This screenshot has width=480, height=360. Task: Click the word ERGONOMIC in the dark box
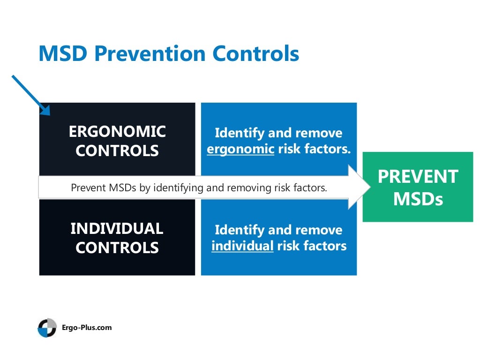coord(117,132)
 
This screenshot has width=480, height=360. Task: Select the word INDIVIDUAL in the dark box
coord(117,229)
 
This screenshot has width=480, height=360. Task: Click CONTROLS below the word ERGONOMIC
coord(117,151)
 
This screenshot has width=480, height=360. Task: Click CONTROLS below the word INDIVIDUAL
coord(117,248)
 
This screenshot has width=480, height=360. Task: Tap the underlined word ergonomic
coord(240,150)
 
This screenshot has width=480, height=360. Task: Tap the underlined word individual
coord(242,246)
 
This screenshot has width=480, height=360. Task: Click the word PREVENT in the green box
coord(418,177)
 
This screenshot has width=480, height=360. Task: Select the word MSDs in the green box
coord(418,199)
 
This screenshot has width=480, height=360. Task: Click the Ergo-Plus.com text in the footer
coord(87,328)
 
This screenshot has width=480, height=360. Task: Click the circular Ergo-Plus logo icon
coord(47,328)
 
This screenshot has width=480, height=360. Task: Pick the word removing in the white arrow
coord(251,188)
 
